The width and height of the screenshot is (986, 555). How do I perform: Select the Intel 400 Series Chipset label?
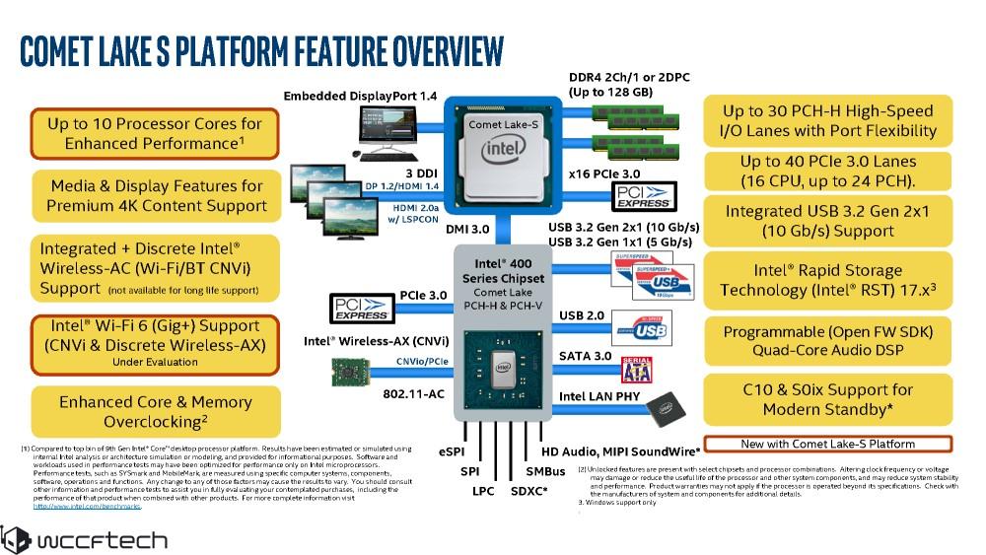(x=503, y=281)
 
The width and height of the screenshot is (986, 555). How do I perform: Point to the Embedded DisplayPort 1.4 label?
(x=359, y=96)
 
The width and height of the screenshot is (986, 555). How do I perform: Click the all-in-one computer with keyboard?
(x=388, y=133)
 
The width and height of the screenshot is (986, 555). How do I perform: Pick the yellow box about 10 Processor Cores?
(x=154, y=133)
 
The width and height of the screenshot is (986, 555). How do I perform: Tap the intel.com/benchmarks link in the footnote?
(x=87, y=507)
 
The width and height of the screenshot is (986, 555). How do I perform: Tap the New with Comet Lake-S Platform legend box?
(x=827, y=444)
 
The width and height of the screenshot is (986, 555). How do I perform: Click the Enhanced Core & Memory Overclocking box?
(x=154, y=412)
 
